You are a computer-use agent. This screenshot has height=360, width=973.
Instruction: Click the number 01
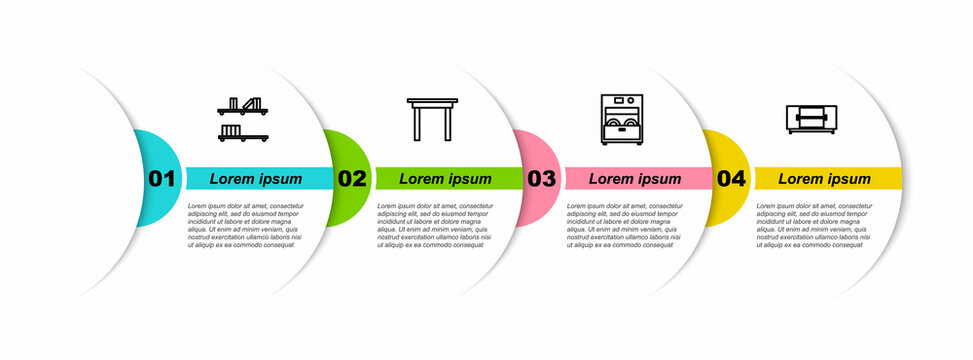(x=162, y=179)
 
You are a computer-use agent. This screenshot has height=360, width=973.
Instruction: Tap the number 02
(x=352, y=179)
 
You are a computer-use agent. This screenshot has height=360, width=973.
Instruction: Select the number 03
(x=541, y=179)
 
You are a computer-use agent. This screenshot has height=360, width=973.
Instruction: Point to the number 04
(x=731, y=179)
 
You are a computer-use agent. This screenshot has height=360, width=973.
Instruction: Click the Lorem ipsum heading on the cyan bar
(x=256, y=179)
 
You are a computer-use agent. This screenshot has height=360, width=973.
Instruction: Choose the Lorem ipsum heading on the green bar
(x=446, y=179)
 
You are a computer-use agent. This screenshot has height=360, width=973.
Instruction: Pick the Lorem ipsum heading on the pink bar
(x=635, y=179)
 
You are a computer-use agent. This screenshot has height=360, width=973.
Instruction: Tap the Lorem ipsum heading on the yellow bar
(x=825, y=179)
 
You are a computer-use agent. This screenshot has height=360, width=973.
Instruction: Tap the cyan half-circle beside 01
(x=150, y=150)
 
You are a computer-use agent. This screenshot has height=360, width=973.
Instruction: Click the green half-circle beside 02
(x=340, y=150)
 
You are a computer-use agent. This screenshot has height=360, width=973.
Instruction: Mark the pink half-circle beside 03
(x=530, y=150)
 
